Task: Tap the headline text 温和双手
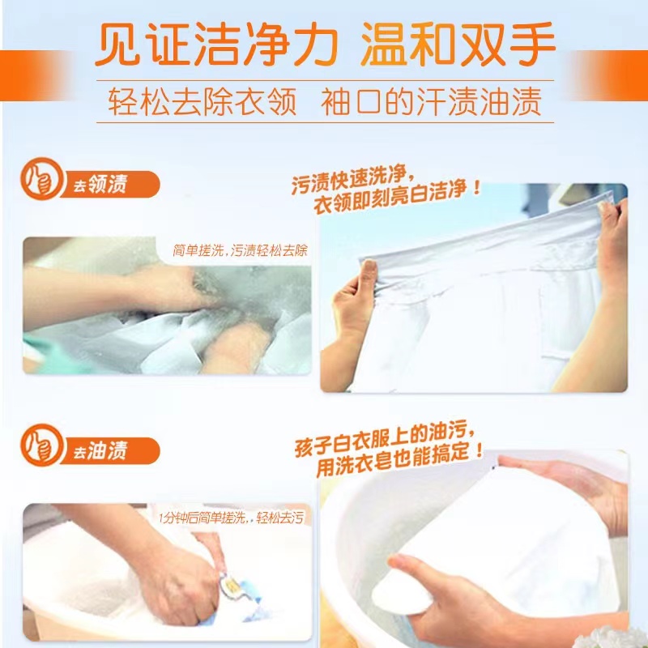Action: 458,45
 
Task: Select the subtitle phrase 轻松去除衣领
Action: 202,101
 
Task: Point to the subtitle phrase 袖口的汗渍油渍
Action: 431,101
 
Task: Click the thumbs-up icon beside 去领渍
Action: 41,179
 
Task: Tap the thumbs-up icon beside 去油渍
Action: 41,446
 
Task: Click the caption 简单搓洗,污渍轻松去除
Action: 240,250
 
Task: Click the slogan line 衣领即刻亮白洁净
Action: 397,198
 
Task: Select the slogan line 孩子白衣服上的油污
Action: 385,439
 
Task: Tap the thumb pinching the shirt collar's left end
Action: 368,275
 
